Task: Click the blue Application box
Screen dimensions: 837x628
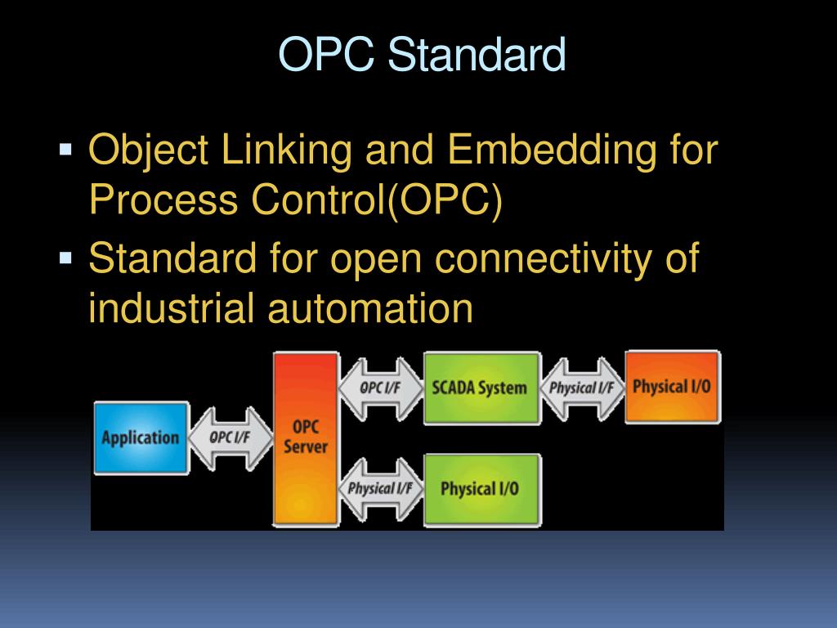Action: [x=141, y=437]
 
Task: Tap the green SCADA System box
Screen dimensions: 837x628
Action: [x=481, y=388]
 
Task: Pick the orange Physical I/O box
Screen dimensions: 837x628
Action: [x=672, y=386]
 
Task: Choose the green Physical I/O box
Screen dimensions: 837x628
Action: [x=481, y=489]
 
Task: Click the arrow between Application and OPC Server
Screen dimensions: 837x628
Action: [x=231, y=437]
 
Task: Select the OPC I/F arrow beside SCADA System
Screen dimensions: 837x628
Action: [x=382, y=388]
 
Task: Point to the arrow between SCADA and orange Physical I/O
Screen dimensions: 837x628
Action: [x=582, y=388]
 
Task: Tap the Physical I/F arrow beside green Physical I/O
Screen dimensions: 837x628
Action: [x=381, y=489]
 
